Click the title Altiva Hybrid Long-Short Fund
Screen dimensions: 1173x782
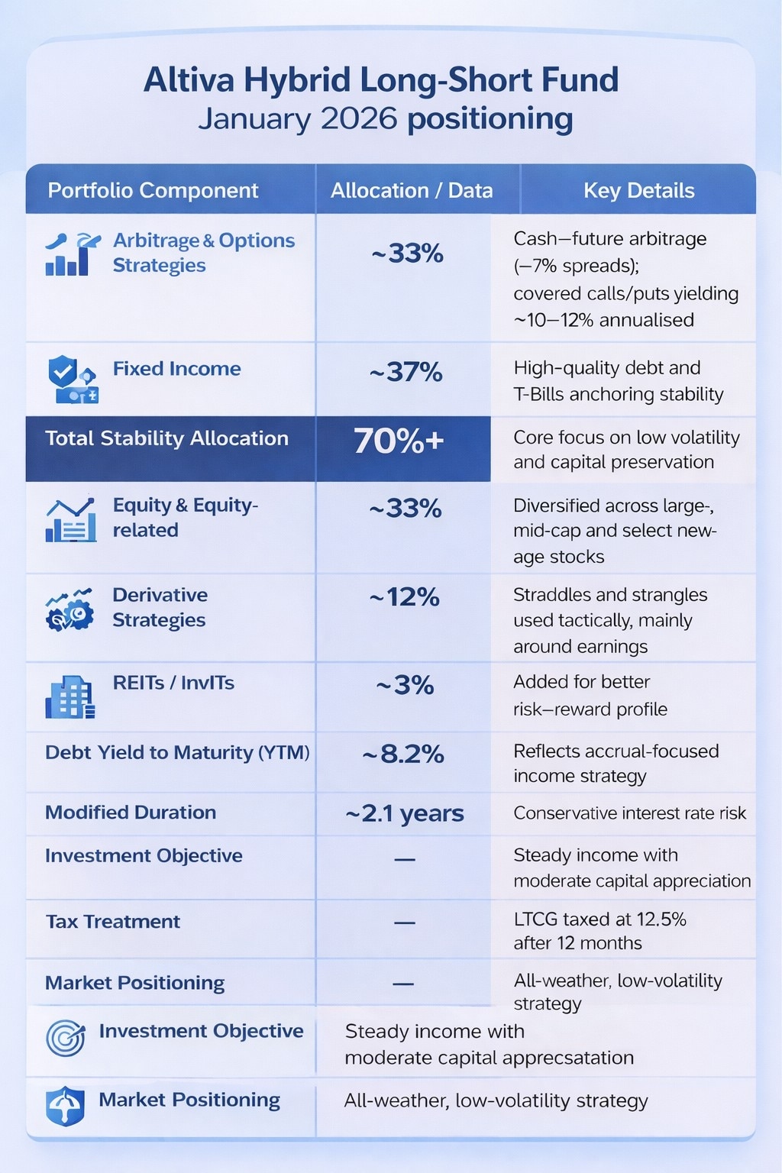(x=381, y=79)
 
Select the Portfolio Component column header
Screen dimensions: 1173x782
(x=153, y=190)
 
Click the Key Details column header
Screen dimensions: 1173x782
(x=638, y=190)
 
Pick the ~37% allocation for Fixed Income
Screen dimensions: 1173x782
(x=406, y=372)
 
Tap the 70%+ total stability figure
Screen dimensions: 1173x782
(x=398, y=441)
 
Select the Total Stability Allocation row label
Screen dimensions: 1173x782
(x=166, y=438)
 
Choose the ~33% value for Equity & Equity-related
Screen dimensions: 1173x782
(x=405, y=508)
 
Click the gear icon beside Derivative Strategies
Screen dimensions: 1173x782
(x=70, y=609)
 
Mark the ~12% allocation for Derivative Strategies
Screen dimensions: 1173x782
(x=404, y=596)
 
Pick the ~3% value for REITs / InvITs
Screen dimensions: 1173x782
(x=405, y=685)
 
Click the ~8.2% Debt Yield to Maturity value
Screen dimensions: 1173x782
(x=402, y=755)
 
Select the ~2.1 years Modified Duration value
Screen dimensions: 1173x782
(x=404, y=813)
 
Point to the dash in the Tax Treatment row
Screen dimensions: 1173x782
(x=404, y=923)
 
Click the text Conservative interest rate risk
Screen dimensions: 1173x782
(x=629, y=813)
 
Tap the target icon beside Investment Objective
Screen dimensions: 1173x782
(x=66, y=1038)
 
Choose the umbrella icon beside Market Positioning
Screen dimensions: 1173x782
(x=66, y=1106)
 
